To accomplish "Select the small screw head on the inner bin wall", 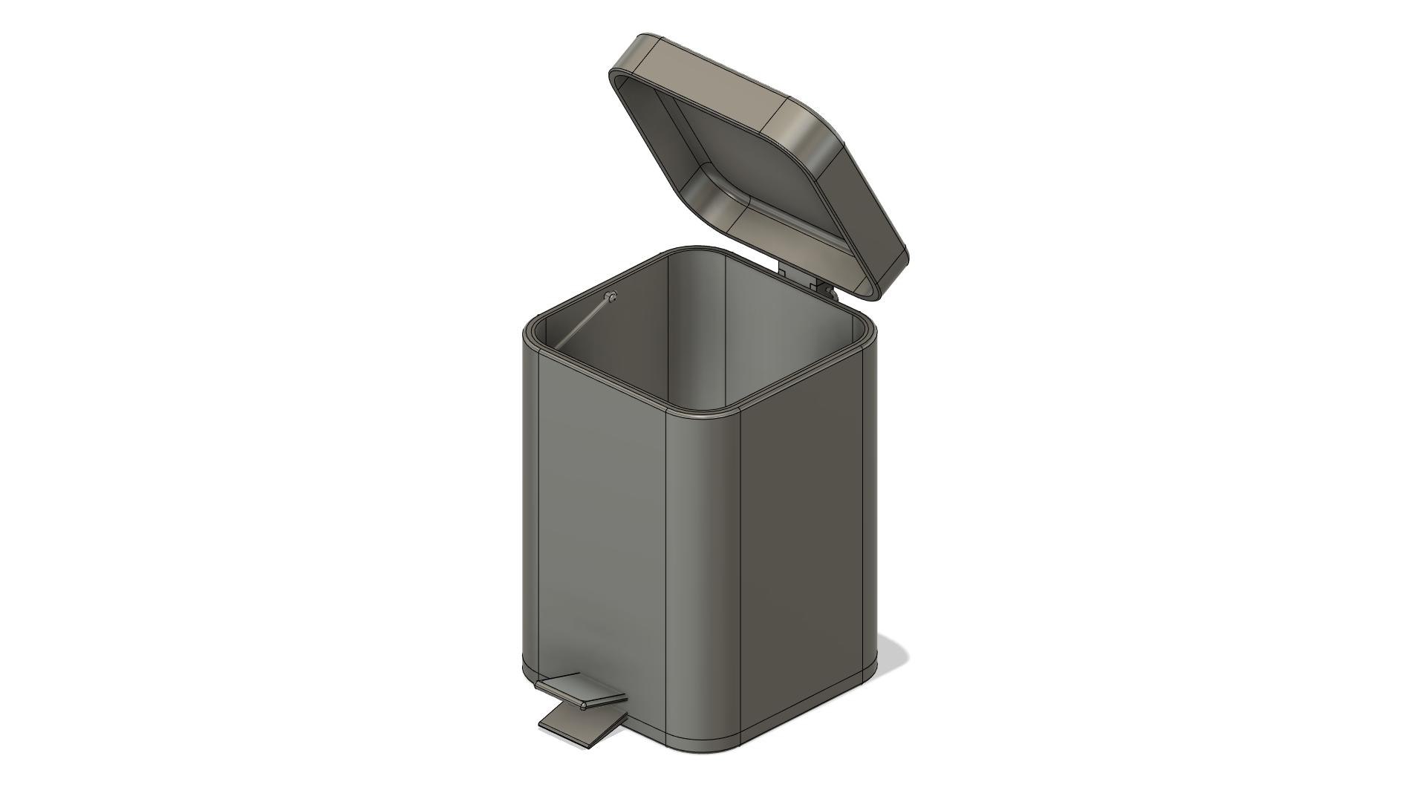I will [x=611, y=298].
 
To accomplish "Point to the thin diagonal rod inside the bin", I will [x=583, y=323].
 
